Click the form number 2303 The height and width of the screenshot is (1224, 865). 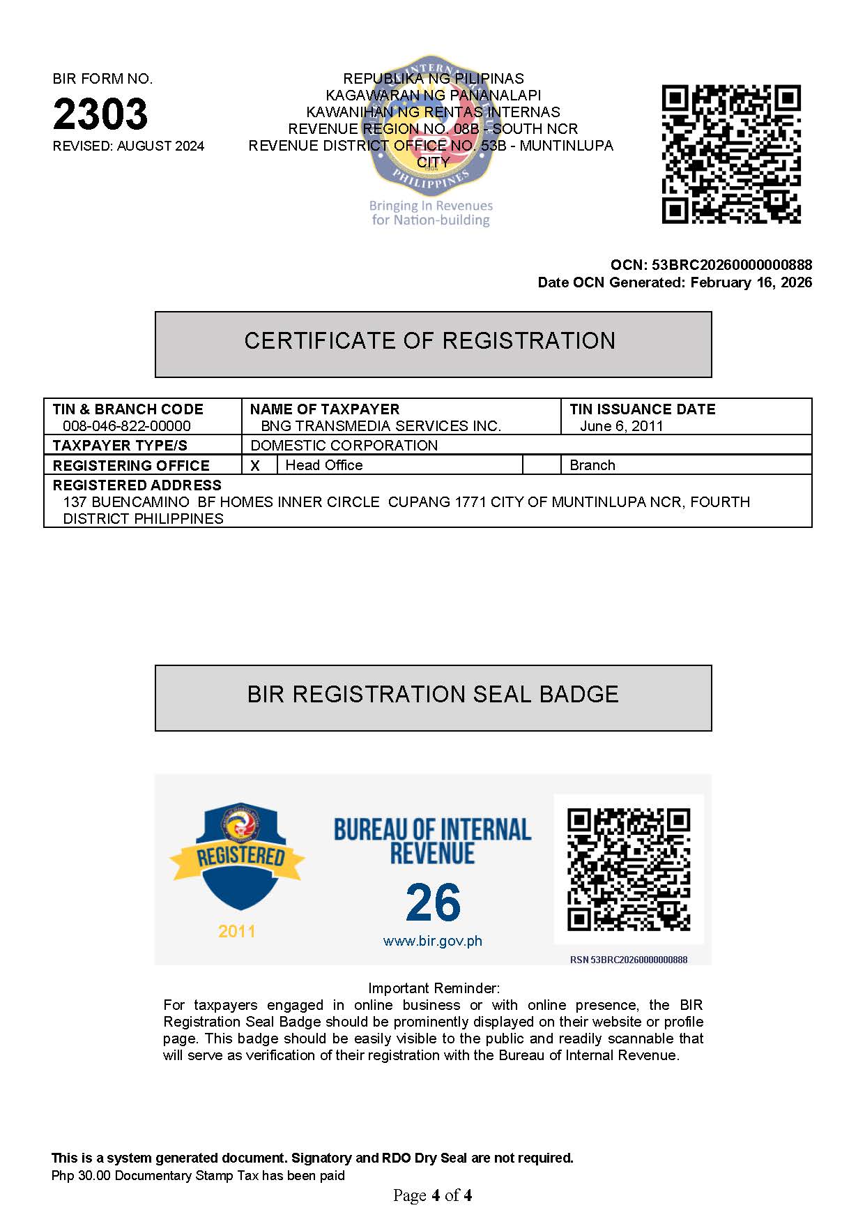point(100,114)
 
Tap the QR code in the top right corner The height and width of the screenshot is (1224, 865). point(730,154)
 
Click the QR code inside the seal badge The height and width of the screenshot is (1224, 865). point(629,869)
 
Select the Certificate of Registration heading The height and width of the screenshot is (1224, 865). point(430,341)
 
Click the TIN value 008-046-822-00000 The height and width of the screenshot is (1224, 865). point(127,426)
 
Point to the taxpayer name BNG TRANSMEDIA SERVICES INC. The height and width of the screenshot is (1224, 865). point(381,426)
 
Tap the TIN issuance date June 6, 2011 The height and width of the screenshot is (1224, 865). point(621,426)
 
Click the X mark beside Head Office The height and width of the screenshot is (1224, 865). point(255,466)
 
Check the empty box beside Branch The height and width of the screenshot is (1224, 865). point(542,465)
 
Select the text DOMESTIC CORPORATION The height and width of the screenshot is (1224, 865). point(344,446)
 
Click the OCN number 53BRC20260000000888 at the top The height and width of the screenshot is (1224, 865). point(731,265)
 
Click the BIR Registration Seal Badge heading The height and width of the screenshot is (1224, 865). point(433,695)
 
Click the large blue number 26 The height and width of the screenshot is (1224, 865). point(433,902)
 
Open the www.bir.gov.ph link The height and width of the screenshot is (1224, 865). point(433,941)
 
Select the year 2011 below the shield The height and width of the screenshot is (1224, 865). point(237,931)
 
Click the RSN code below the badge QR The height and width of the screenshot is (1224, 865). point(629,960)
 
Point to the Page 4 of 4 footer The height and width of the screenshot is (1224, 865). point(432,1195)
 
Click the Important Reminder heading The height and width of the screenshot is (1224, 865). point(434,988)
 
